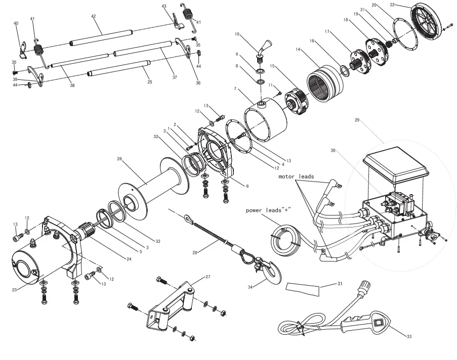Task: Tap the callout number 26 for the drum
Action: pos(120,159)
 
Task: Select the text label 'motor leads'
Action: pos(296,177)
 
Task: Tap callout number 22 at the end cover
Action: pos(393,5)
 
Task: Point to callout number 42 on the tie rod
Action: pos(93,16)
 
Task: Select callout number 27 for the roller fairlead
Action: pos(207,277)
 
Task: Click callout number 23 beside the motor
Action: pos(14,290)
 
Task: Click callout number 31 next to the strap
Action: pos(340,284)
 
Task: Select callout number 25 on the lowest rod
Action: pos(149,82)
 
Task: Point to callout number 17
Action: pos(327,31)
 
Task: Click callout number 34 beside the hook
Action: pos(250,288)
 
